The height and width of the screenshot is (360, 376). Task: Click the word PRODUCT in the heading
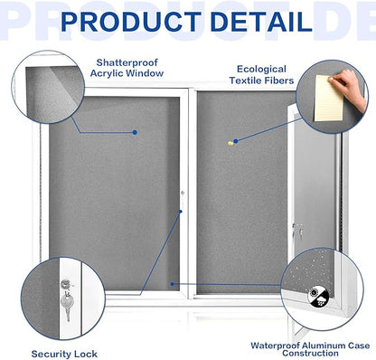(x=133, y=21)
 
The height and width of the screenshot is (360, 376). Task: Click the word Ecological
(x=262, y=69)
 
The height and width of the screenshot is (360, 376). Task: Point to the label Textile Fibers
(x=262, y=80)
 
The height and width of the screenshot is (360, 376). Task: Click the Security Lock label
(x=64, y=353)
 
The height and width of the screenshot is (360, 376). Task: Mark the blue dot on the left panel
(x=135, y=133)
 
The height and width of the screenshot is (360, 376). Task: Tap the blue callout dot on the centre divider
(x=180, y=213)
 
